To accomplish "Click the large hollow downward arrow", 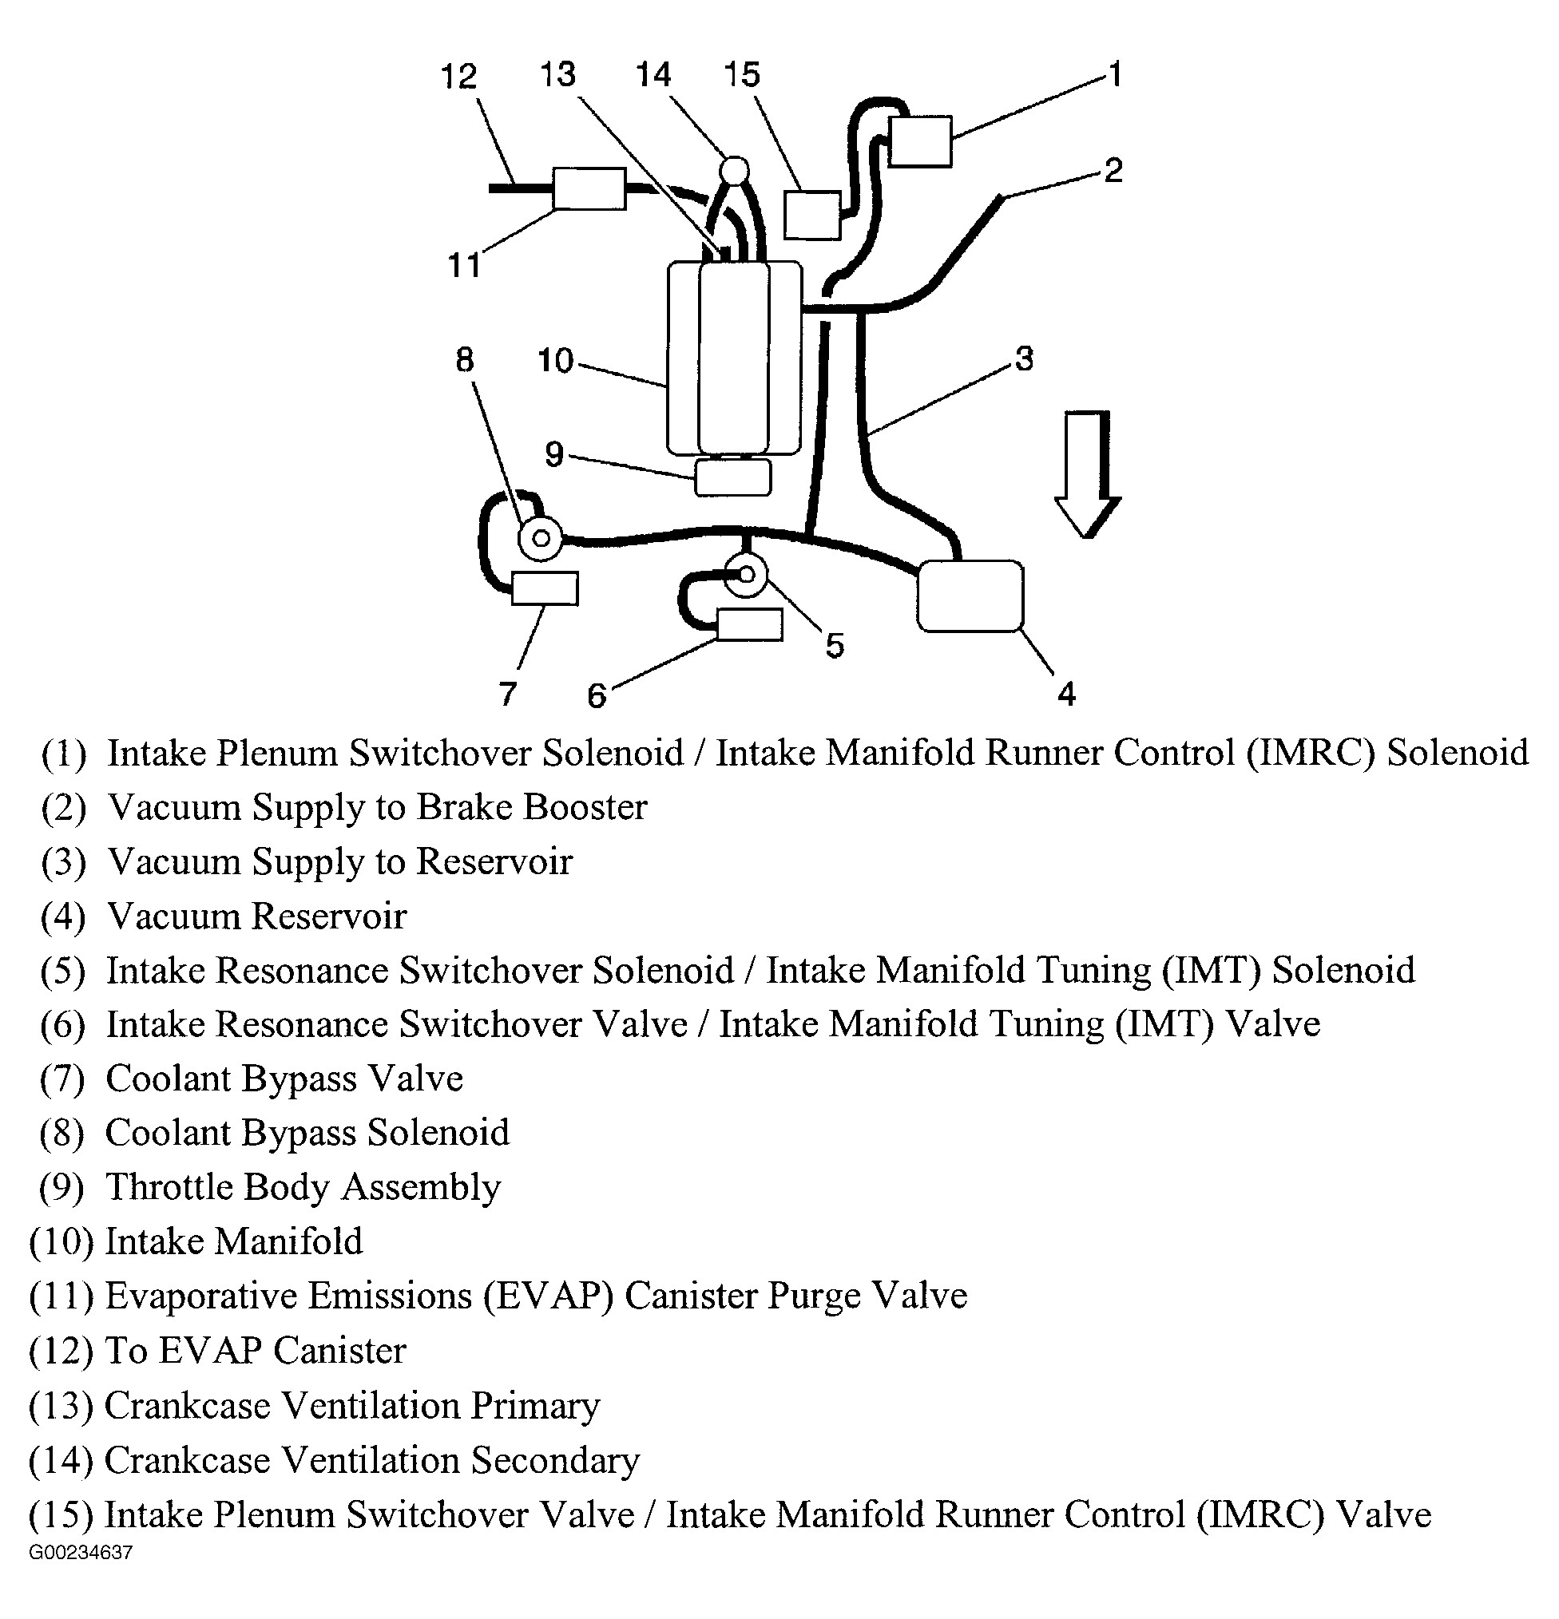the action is (1087, 474).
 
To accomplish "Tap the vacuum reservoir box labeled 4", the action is (970, 596).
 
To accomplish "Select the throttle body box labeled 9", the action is (733, 477).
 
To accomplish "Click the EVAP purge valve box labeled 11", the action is (589, 188).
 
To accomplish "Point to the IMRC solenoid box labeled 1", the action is (919, 141).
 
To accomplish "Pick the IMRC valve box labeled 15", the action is (812, 215).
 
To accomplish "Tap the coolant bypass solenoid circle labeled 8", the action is (541, 539).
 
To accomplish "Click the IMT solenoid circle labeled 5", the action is (746, 575).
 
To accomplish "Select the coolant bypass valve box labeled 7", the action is (545, 588).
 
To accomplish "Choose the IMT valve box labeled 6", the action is (748, 624).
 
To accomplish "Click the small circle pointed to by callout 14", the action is (733, 171).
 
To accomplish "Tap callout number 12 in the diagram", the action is (458, 76).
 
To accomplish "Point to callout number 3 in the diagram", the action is (1024, 358).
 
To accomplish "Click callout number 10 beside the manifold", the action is (555, 360).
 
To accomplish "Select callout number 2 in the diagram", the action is (1113, 171).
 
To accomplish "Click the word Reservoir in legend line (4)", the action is (329, 916).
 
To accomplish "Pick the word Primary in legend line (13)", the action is (535, 1406).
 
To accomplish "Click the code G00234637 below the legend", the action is (80, 1553).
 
